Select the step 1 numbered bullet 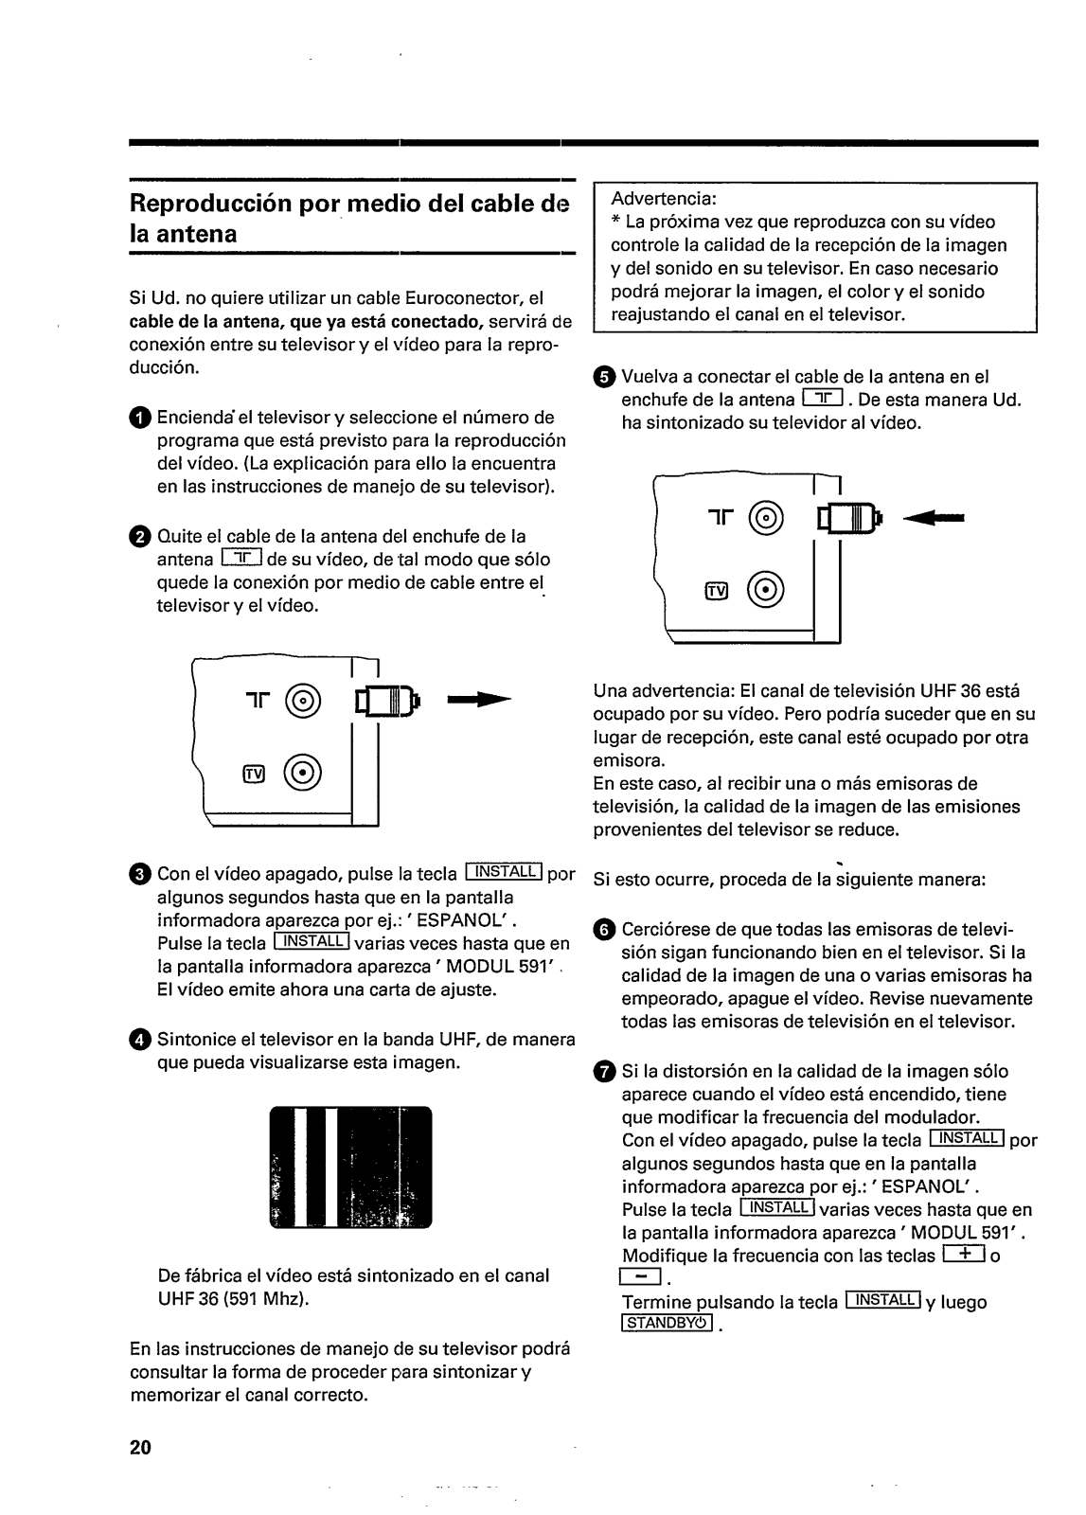click(139, 419)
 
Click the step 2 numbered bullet click(139, 538)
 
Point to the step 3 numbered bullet click(139, 875)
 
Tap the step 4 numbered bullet click(139, 1041)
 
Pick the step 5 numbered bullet click(604, 378)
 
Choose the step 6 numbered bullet click(604, 931)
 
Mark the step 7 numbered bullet click(604, 1072)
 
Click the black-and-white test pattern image click(350, 1167)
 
